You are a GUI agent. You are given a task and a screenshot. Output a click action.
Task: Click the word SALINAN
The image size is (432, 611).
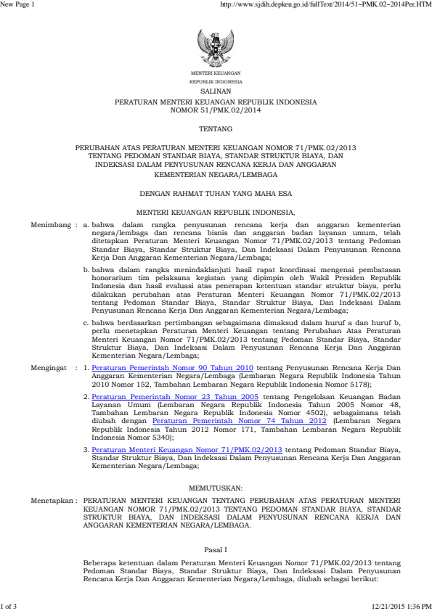[x=216, y=93]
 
